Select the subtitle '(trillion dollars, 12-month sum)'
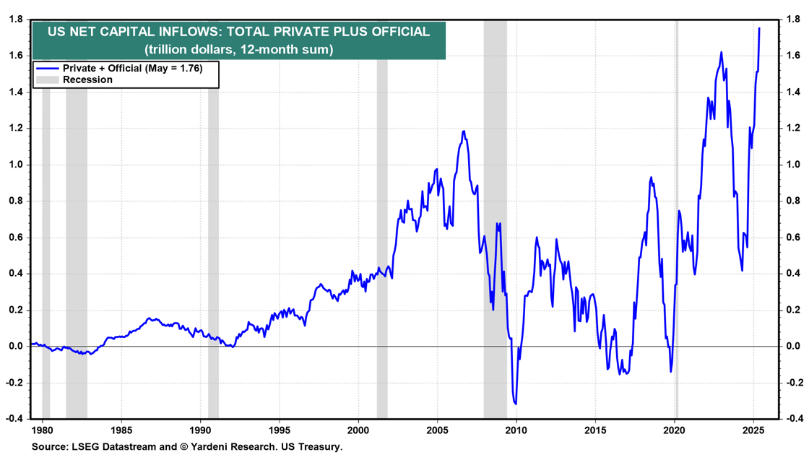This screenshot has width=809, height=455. (238, 50)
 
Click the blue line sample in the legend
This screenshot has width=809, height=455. (47, 68)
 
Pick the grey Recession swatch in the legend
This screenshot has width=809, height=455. (47, 79)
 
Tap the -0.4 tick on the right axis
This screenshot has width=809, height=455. (792, 419)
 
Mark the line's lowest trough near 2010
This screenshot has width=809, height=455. (516, 404)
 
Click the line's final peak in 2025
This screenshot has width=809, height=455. (759, 28)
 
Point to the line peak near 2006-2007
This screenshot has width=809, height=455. (463, 131)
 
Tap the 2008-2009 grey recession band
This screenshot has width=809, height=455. (495, 217)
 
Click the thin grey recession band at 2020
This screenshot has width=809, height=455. (677, 217)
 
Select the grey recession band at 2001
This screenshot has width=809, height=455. (382, 217)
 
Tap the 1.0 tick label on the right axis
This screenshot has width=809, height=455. (792, 165)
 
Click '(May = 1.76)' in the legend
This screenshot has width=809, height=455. (173, 68)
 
